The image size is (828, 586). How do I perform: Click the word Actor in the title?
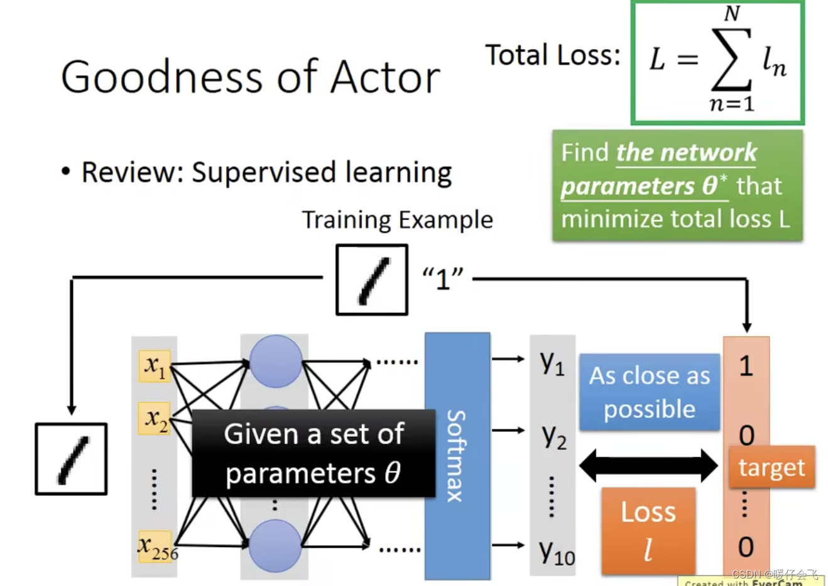click(385, 77)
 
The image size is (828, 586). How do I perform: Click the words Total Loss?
click(553, 55)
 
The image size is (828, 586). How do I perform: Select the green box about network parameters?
click(677, 185)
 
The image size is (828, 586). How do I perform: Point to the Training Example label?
click(397, 220)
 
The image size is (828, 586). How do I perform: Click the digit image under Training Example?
click(372, 280)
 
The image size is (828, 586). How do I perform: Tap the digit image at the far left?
click(71, 459)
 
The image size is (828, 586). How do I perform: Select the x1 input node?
click(155, 366)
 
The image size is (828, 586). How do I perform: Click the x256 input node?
click(156, 546)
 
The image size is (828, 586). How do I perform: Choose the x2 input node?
click(155, 418)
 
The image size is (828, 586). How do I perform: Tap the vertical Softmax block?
click(457, 456)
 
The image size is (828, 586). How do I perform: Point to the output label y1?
click(552, 363)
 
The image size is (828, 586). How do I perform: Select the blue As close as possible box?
click(649, 392)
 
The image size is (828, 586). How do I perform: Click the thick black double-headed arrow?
click(648, 466)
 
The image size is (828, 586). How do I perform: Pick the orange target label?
click(771, 467)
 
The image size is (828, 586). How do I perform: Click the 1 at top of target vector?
click(746, 366)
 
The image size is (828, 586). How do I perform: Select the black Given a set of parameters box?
click(313, 453)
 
